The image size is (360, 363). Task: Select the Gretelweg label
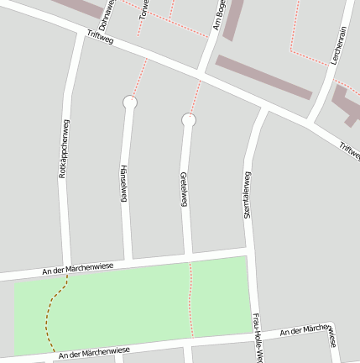pyautogui.click(x=183, y=189)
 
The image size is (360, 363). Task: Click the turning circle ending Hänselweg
pyautogui.click(x=129, y=103)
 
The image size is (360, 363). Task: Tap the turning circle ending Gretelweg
pyautogui.click(x=189, y=120)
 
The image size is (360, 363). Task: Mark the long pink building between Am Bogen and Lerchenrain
pyautogui.click(x=263, y=77)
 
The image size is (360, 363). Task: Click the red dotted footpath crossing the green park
pyautogui.click(x=191, y=302)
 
